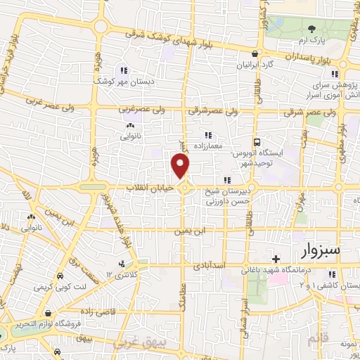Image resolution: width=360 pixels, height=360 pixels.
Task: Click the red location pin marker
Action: [181, 167]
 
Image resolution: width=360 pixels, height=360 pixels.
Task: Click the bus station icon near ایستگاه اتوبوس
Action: [257, 140]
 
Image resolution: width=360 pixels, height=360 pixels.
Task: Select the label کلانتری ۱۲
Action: [120, 273]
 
